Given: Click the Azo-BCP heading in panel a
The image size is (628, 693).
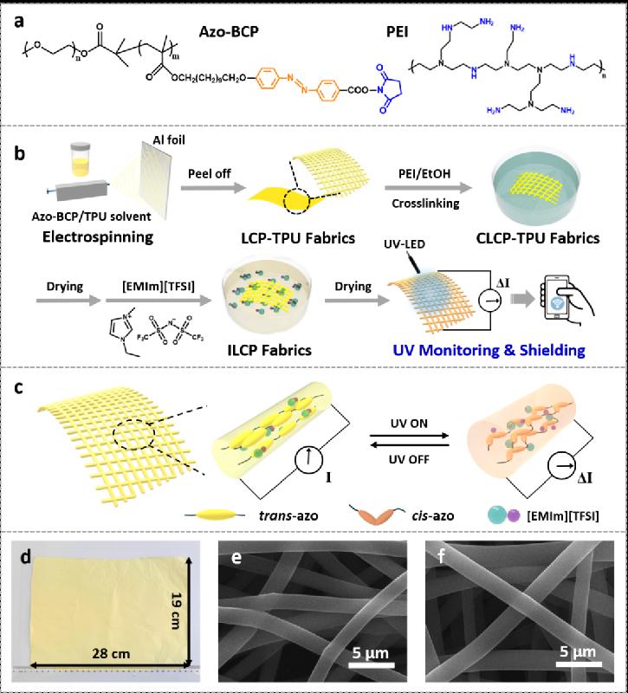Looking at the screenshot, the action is (x=229, y=32).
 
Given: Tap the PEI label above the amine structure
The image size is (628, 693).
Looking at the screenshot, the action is (x=397, y=32).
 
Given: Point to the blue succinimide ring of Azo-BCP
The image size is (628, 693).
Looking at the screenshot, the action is (x=391, y=88).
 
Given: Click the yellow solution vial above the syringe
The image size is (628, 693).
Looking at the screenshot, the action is (x=81, y=159).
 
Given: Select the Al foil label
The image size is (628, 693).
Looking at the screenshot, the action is (x=169, y=140).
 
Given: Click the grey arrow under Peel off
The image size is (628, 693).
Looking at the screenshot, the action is (x=213, y=188).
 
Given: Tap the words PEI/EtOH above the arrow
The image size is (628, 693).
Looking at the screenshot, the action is (x=424, y=173).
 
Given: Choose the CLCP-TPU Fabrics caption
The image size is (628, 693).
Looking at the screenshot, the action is (x=538, y=238).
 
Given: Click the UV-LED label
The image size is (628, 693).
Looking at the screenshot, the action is (x=405, y=244).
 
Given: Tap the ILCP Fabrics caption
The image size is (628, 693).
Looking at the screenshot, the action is (x=269, y=350).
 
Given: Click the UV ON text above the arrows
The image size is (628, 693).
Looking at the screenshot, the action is (x=409, y=424).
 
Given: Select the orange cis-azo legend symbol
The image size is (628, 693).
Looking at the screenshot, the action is (x=377, y=514).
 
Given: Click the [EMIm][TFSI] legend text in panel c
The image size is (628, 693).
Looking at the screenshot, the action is (x=562, y=515).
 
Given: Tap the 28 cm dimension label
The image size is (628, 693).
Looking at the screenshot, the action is (x=111, y=653).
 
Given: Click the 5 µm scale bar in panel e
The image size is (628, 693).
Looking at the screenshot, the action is (x=372, y=664).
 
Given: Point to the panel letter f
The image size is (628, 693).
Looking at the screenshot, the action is (x=442, y=555).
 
